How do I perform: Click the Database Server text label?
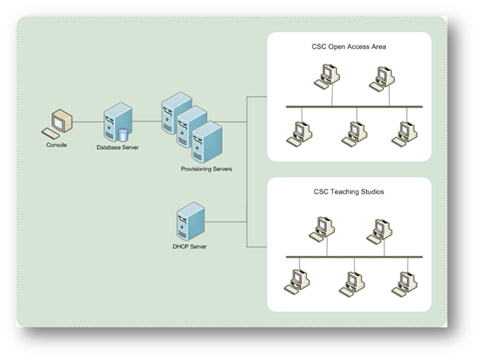click(117, 147)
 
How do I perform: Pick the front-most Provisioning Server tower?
click(207, 142)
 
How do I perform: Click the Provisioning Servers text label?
click(206, 169)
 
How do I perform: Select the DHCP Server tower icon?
click(189, 222)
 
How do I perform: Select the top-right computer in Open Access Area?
click(380, 77)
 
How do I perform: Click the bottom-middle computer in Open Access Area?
click(352, 134)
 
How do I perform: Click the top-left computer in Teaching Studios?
click(322, 228)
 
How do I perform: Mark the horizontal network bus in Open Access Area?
click(354, 106)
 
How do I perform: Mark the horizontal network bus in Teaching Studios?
click(354, 256)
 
